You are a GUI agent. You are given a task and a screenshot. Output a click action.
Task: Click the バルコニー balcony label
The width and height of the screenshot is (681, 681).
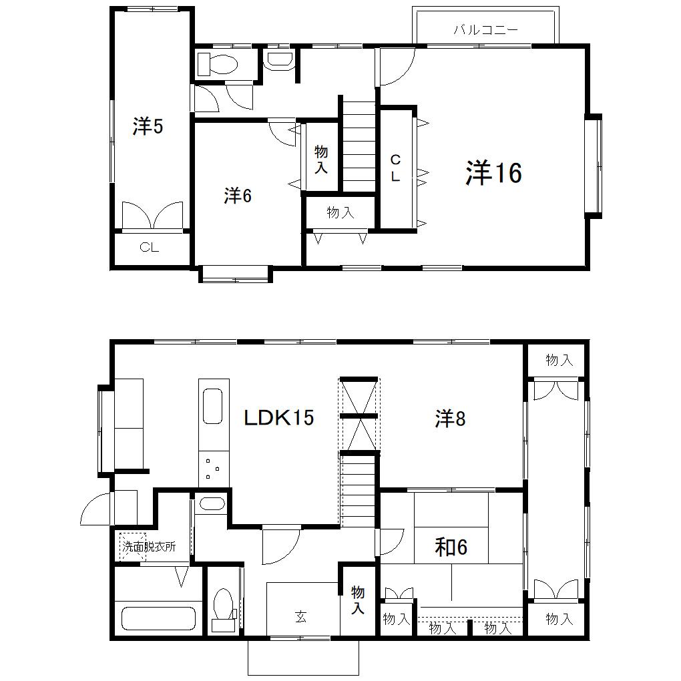(485, 30)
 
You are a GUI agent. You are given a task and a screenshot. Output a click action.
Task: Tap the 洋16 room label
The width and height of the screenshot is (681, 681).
(493, 172)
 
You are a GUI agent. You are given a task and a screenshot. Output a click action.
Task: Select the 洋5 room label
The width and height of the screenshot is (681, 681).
(148, 126)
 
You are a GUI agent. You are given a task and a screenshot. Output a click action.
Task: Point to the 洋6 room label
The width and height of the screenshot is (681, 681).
(238, 196)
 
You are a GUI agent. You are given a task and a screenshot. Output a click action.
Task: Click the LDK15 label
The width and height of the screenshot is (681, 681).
(279, 418)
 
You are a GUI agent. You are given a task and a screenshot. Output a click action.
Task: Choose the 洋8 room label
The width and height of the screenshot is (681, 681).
(450, 419)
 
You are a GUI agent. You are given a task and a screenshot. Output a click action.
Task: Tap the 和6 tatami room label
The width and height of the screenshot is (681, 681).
(451, 547)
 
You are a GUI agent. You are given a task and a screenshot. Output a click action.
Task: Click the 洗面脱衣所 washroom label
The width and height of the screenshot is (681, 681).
(149, 546)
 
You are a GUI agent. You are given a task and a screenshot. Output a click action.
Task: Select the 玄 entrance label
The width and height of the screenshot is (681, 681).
(301, 617)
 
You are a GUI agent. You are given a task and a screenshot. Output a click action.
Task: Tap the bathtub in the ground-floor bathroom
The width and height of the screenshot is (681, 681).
(158, 618)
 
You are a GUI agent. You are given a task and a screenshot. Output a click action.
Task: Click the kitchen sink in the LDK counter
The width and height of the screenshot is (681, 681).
(213, 406)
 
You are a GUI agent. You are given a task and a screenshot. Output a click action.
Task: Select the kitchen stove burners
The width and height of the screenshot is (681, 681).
(213, 469)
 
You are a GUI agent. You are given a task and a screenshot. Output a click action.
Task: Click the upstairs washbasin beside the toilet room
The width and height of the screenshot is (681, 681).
(280, 61)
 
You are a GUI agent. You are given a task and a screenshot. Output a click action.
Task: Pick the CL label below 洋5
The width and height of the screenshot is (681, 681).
(149, 248)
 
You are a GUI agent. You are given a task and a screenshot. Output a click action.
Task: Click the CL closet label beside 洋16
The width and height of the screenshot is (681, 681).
(395, 168)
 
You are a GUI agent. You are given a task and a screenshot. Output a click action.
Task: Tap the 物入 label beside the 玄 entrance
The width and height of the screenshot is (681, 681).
(357, 600)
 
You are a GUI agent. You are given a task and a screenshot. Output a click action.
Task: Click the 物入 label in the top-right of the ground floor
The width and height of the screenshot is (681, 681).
(559, 360)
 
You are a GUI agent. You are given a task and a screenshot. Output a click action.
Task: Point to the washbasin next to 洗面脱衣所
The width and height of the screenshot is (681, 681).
(212, 504)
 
